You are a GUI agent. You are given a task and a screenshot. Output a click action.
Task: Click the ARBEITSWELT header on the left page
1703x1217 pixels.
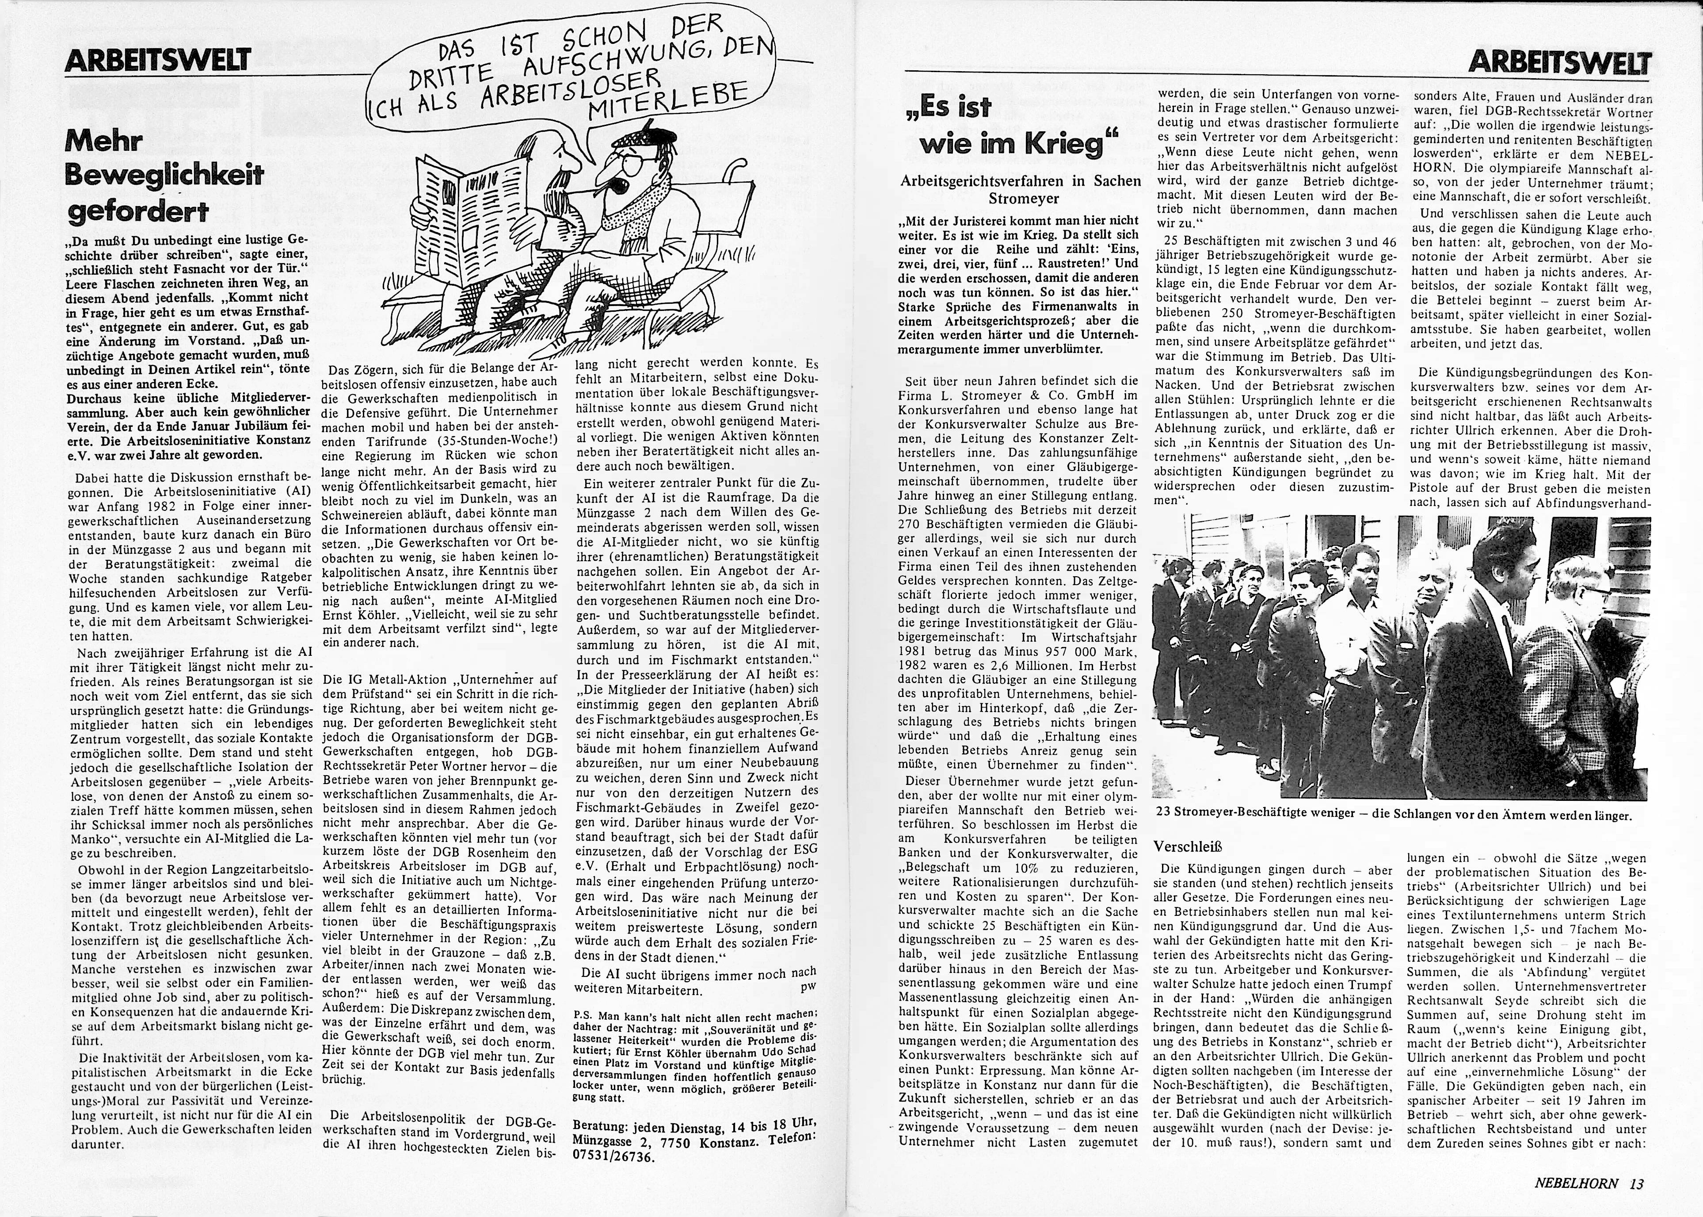point(157,60)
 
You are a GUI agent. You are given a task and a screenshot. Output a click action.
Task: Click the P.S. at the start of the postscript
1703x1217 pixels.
point(583,1016)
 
